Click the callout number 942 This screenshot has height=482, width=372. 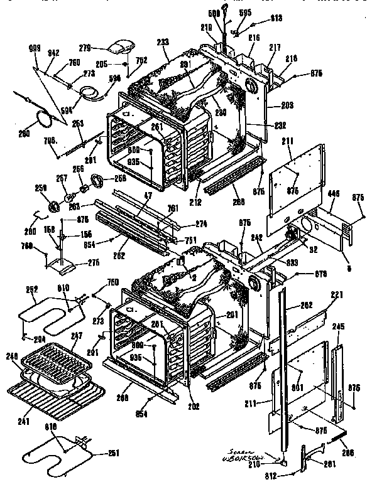point(53,53)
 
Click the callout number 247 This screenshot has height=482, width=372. point(76,336)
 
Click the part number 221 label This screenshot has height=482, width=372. point(337,294)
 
